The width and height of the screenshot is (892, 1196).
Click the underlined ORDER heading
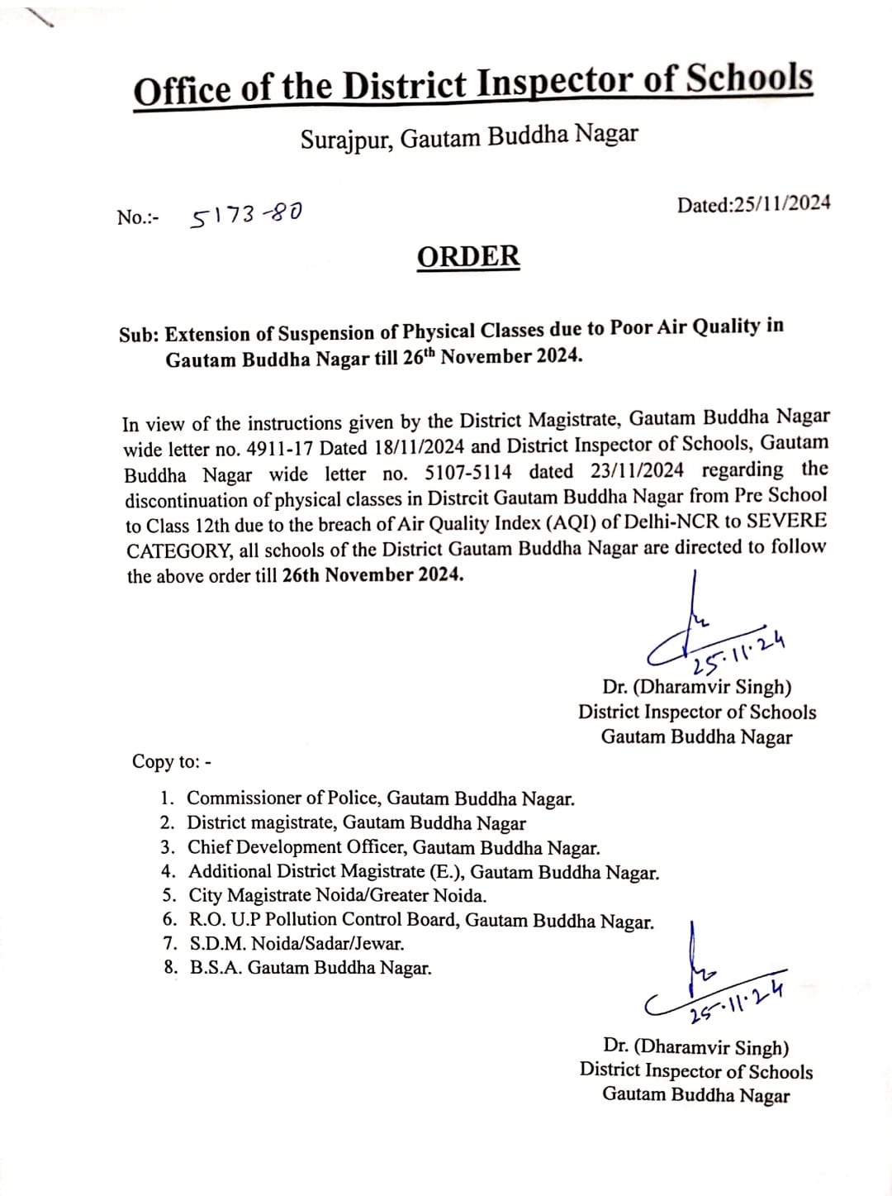click(x=468, y=256)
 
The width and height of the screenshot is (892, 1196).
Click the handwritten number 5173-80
click(x=246, y=216)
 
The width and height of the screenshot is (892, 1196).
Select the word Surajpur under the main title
click(x=347, y=139)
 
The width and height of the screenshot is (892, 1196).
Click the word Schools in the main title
click(x=749, y=79)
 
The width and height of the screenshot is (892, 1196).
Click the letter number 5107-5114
click(x=468, y=472)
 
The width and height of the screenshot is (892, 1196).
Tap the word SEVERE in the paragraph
click(x=786, y=521)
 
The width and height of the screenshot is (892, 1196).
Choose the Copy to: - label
click(x=172, y=761)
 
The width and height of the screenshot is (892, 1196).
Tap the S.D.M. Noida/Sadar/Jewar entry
click(x=297, y=943)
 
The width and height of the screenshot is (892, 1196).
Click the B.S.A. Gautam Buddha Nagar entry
click(x=310, y=968)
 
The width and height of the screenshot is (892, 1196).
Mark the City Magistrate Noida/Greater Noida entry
click(x=337, y=895)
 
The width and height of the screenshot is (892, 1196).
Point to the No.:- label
click(x=138, y=217)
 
